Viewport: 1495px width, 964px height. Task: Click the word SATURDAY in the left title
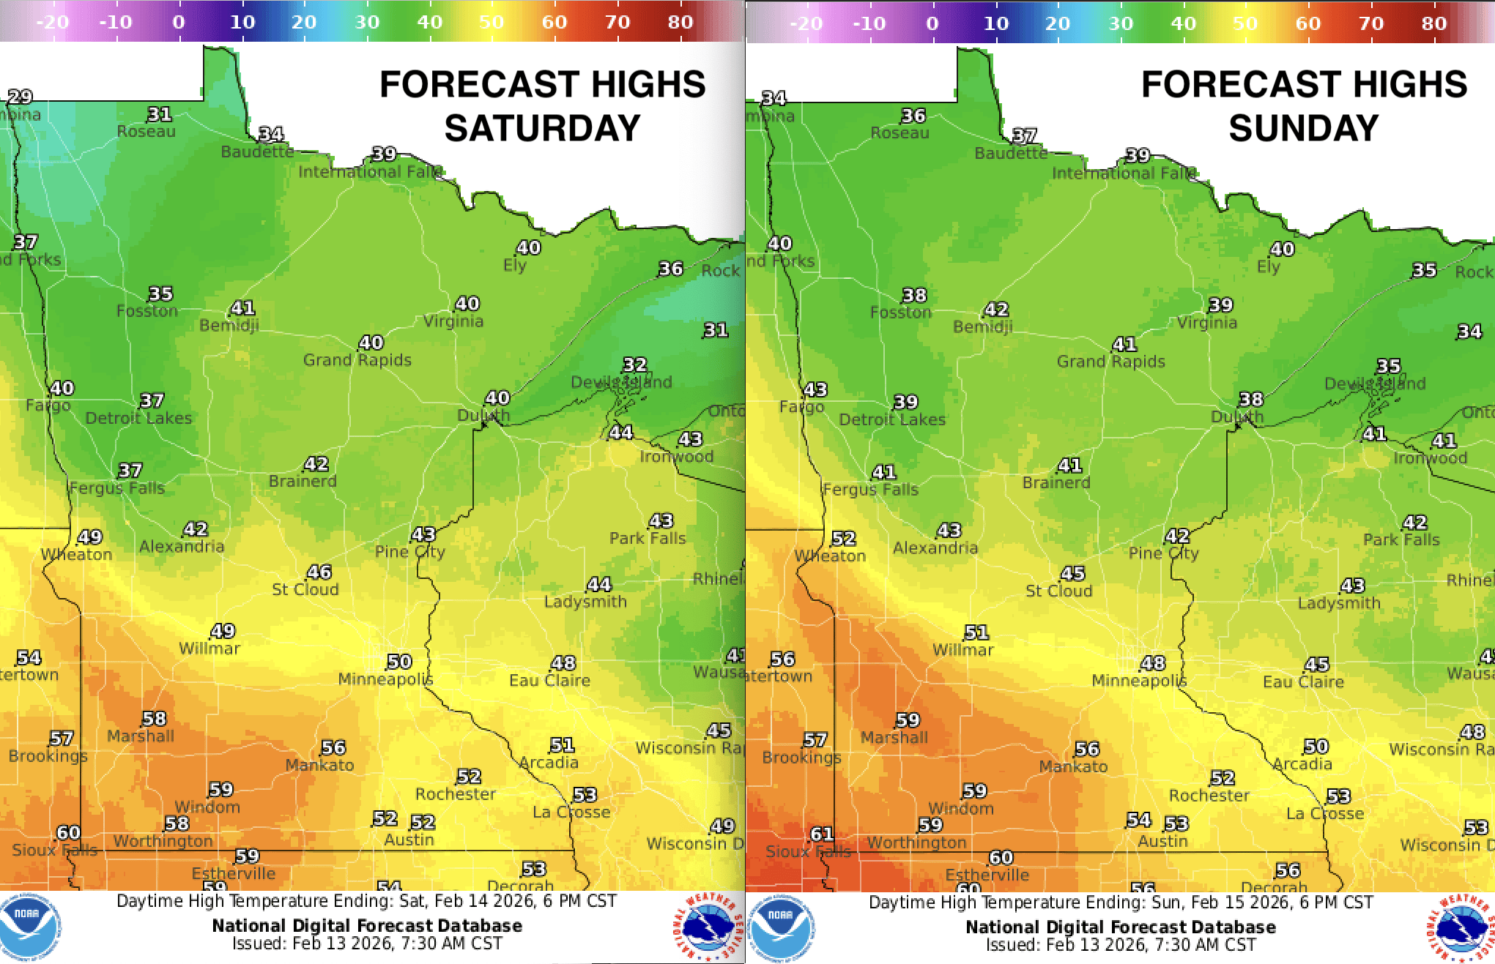(542, 128)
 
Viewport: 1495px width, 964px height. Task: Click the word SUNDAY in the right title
(1304, 128)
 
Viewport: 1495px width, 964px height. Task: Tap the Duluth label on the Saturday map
(483, 416)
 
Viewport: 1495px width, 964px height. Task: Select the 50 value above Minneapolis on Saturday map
(399, 662)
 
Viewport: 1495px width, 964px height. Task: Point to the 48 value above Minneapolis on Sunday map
(1153, 663)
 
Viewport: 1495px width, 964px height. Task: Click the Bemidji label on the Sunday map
(982, 326)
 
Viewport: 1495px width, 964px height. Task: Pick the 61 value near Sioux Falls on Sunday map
(822, 834)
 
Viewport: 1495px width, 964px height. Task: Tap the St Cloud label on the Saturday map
(305, 589)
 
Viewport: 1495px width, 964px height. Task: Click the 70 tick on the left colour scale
(617, 22)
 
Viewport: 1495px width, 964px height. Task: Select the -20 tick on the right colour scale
(806, 23)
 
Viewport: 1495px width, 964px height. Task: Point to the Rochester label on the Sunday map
(1209, 795)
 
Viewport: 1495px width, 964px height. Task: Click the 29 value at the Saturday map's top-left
(21, 97)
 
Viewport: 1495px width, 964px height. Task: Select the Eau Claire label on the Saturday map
(549, 680)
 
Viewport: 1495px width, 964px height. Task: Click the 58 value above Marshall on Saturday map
(154, 719)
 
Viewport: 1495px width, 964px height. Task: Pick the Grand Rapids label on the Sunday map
(1110, 361)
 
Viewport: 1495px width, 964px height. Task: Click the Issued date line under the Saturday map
(367, 944)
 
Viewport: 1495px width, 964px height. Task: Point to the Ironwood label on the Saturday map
(676, 456)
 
